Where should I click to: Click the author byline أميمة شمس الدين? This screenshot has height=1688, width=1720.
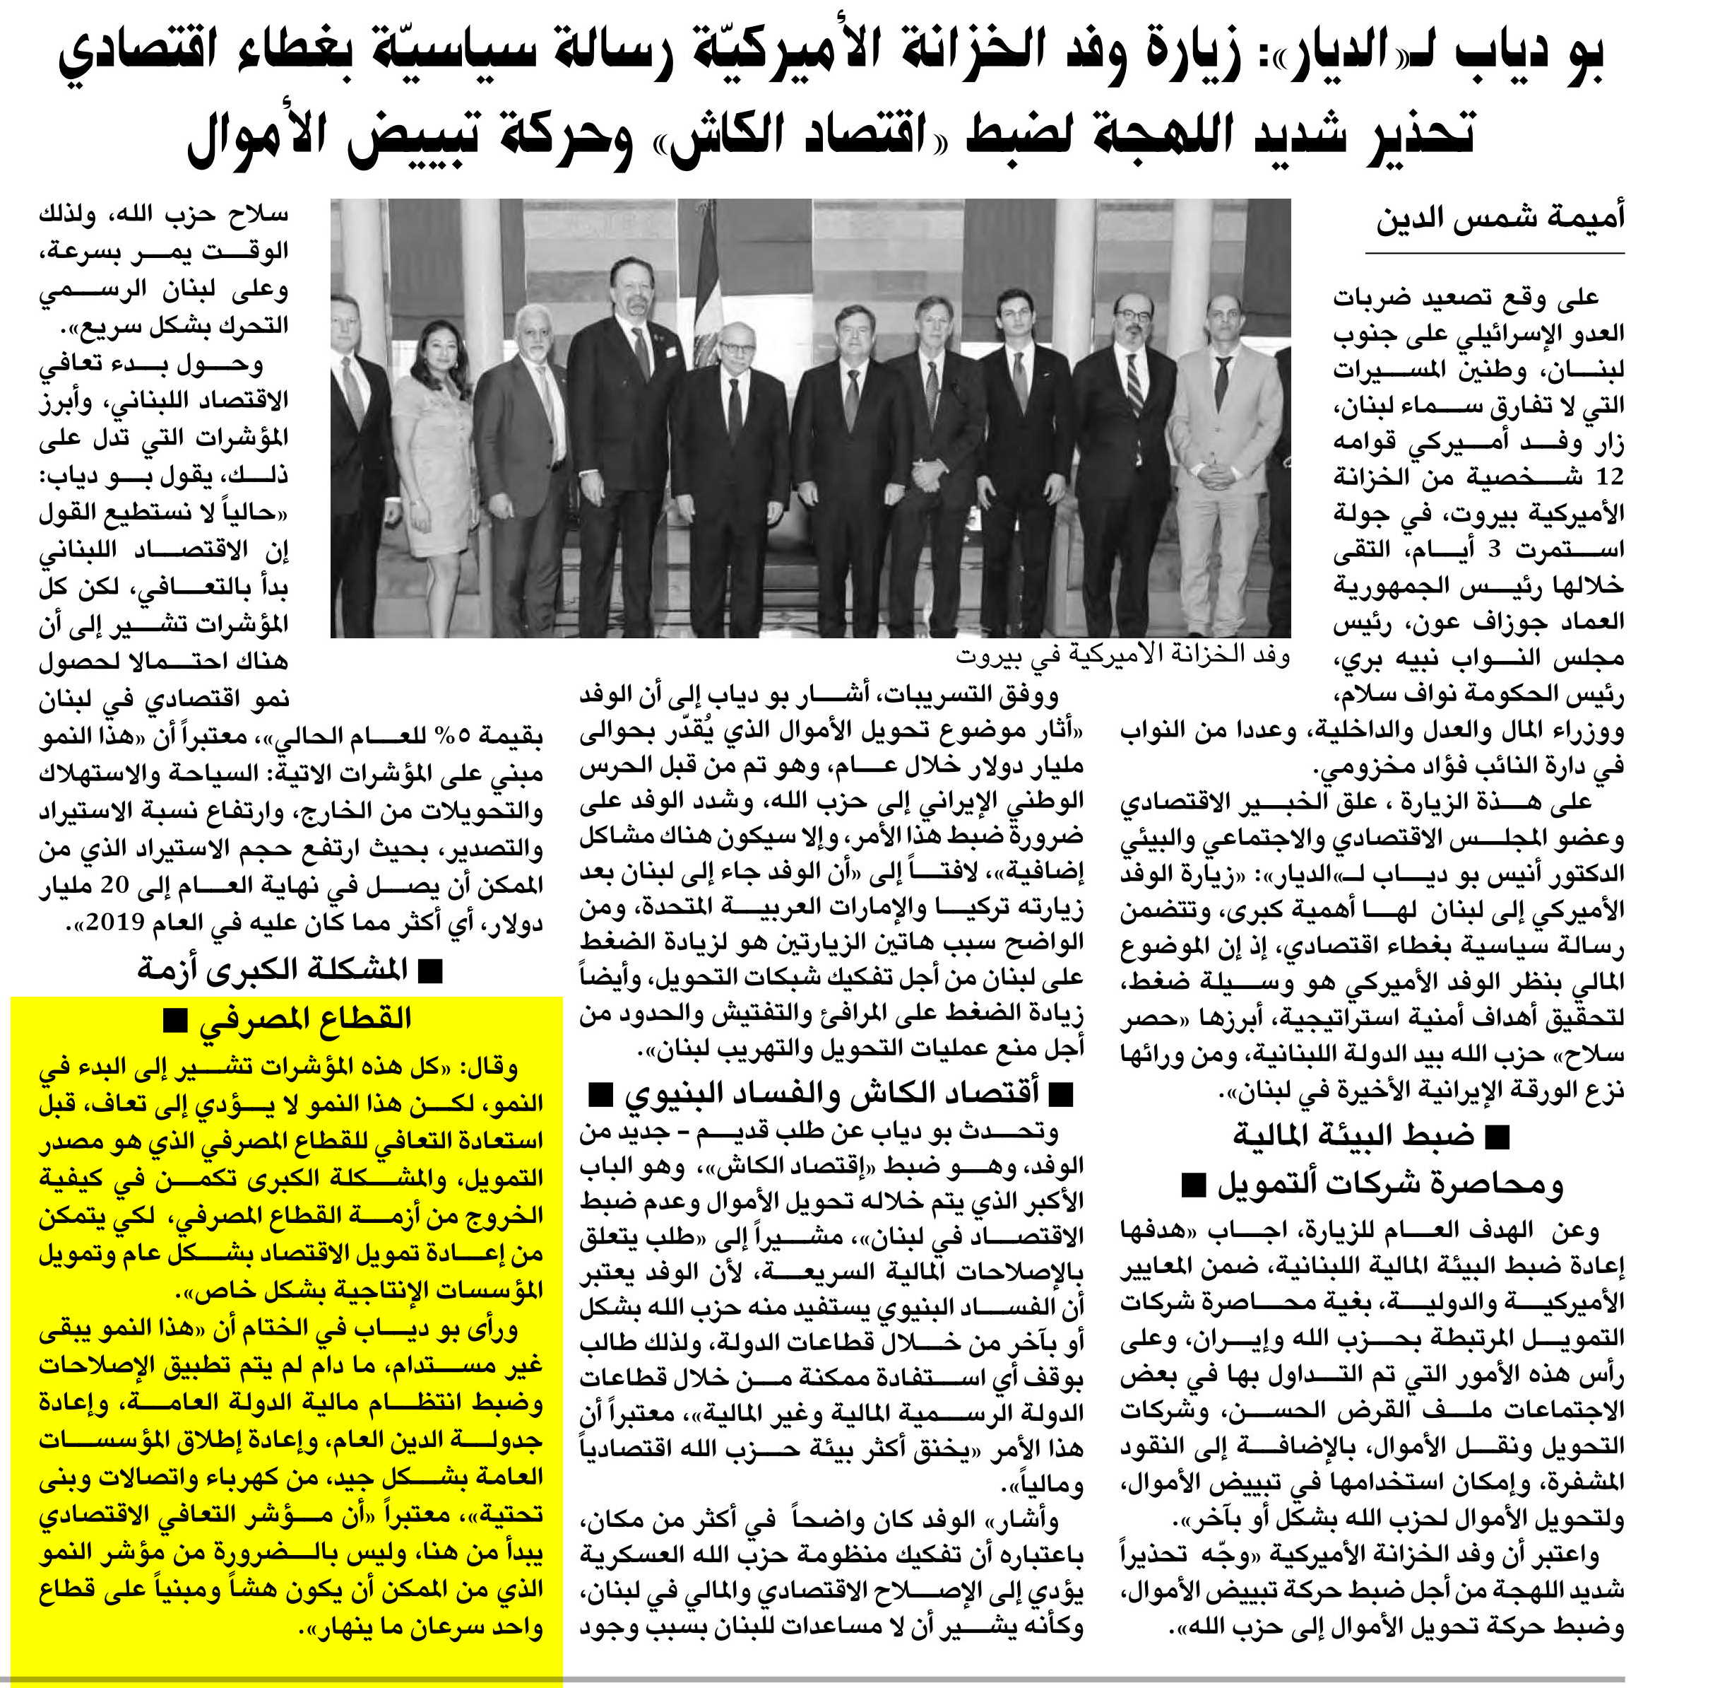[x=1500, y=218]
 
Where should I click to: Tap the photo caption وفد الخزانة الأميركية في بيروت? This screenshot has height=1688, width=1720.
[x=1122, y=656]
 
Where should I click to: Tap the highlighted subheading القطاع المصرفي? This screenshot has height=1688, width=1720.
[x=306, y=1019]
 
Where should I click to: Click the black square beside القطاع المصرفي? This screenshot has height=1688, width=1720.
[x=174, y=1022]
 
